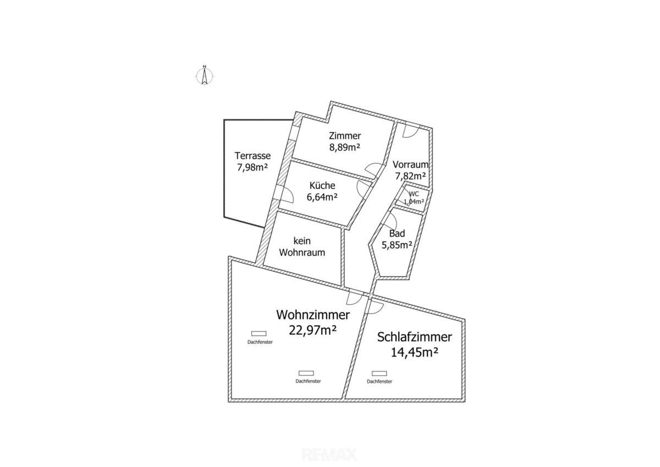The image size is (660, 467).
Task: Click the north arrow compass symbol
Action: tap(204, 75)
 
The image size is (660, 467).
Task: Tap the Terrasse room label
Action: tap(252, 156)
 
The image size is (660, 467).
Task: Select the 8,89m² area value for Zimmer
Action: tap(345, 147)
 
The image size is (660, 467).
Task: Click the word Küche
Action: tap(322, 185)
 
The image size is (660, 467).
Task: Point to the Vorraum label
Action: tap(410, 164)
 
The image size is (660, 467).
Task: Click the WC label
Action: tap(414, 194)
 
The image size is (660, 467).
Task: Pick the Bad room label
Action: tap(397, 233)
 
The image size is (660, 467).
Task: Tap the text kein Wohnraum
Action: tap(302, 246)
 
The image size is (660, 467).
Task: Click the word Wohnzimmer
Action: tap(313, 315)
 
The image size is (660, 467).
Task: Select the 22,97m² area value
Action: tap(312, 330)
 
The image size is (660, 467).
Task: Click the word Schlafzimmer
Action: tap(415, 337)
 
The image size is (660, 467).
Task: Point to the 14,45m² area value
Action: tap(414, 353)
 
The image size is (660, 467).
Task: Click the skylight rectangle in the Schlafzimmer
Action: tap(379, 373)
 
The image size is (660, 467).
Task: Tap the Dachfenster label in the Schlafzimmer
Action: tap(380, 382)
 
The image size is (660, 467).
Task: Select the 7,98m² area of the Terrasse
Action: tap(252, 167)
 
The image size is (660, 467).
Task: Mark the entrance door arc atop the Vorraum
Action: tap(411, 130)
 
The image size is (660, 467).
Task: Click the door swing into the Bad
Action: tap(391, 219)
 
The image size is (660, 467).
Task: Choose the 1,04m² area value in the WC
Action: tap(414, 202)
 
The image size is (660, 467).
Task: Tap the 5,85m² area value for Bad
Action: tap(397, 245)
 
